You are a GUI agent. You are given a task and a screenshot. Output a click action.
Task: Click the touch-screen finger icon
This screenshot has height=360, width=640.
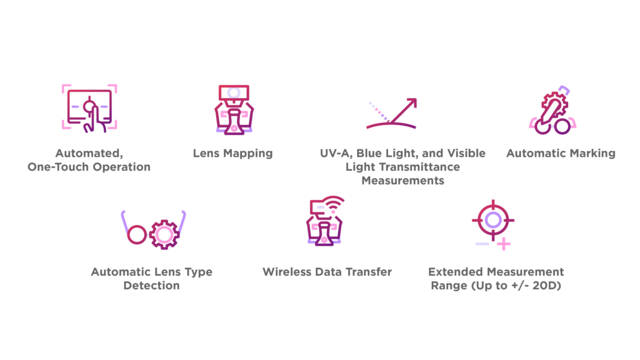click(89, 108)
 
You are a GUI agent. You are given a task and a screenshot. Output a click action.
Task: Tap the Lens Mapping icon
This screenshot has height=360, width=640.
click(234, 109)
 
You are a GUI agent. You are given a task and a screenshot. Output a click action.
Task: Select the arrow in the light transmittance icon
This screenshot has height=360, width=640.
click(404, 110)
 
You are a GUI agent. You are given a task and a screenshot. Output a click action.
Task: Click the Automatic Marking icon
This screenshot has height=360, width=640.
click(553, 110)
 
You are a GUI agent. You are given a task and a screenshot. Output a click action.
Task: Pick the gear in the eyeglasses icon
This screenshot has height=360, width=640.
click(164, 234)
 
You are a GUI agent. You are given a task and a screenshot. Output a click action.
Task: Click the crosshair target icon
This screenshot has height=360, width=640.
click(493, 220)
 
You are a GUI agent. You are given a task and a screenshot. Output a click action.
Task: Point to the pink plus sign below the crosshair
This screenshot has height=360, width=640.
click(504, 244)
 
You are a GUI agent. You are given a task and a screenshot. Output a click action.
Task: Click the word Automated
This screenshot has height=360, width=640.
click(89, 153)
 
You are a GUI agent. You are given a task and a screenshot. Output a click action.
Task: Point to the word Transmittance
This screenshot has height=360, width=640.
click(420, 167)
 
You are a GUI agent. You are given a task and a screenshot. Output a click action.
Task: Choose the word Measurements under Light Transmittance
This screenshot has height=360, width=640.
click(403, 180)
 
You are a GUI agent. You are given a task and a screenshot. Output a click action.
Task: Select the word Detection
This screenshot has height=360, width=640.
click(151, 285)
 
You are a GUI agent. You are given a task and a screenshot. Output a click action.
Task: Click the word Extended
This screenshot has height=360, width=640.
click(456, 272)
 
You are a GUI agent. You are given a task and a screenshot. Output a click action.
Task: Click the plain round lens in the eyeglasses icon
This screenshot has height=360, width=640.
click(137, 235)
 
